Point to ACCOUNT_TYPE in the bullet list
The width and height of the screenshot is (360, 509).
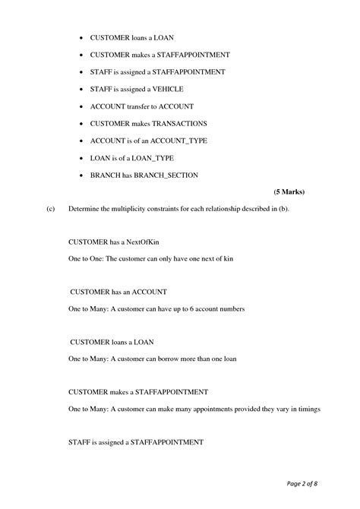point(180,141)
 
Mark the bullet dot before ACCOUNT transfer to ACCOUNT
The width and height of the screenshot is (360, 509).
point(81,106)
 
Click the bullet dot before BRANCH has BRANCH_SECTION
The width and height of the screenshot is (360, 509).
point(81,175)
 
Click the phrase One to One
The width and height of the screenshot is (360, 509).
point(84,259)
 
